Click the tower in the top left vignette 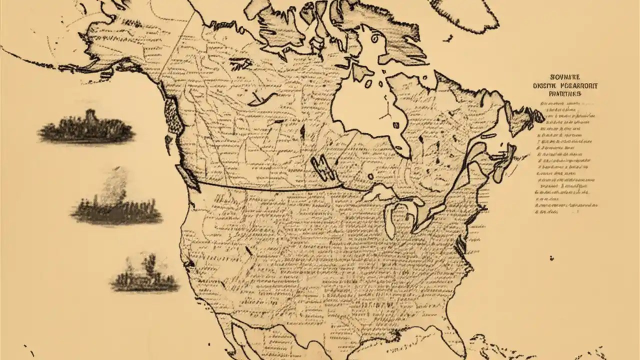pyautogui.click(x=90, y=118)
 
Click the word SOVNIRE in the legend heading pyautogui.click(x=565, y=77)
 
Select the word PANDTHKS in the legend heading pyautogui.click(x=565, y=93)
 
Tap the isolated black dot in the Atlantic pyautogui.click(x=551, y=258)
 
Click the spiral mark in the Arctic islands pyautogui.click(x=372, y=37)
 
